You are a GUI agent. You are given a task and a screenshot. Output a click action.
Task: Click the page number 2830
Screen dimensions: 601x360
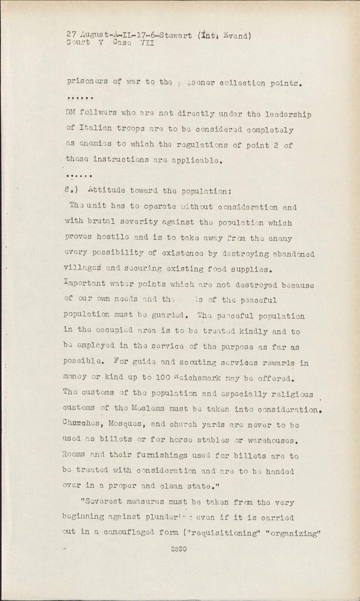[179, 549]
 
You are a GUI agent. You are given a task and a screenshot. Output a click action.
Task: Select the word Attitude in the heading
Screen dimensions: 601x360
[106, 190]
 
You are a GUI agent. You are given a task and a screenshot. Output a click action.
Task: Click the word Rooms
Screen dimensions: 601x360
[75, 456]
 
